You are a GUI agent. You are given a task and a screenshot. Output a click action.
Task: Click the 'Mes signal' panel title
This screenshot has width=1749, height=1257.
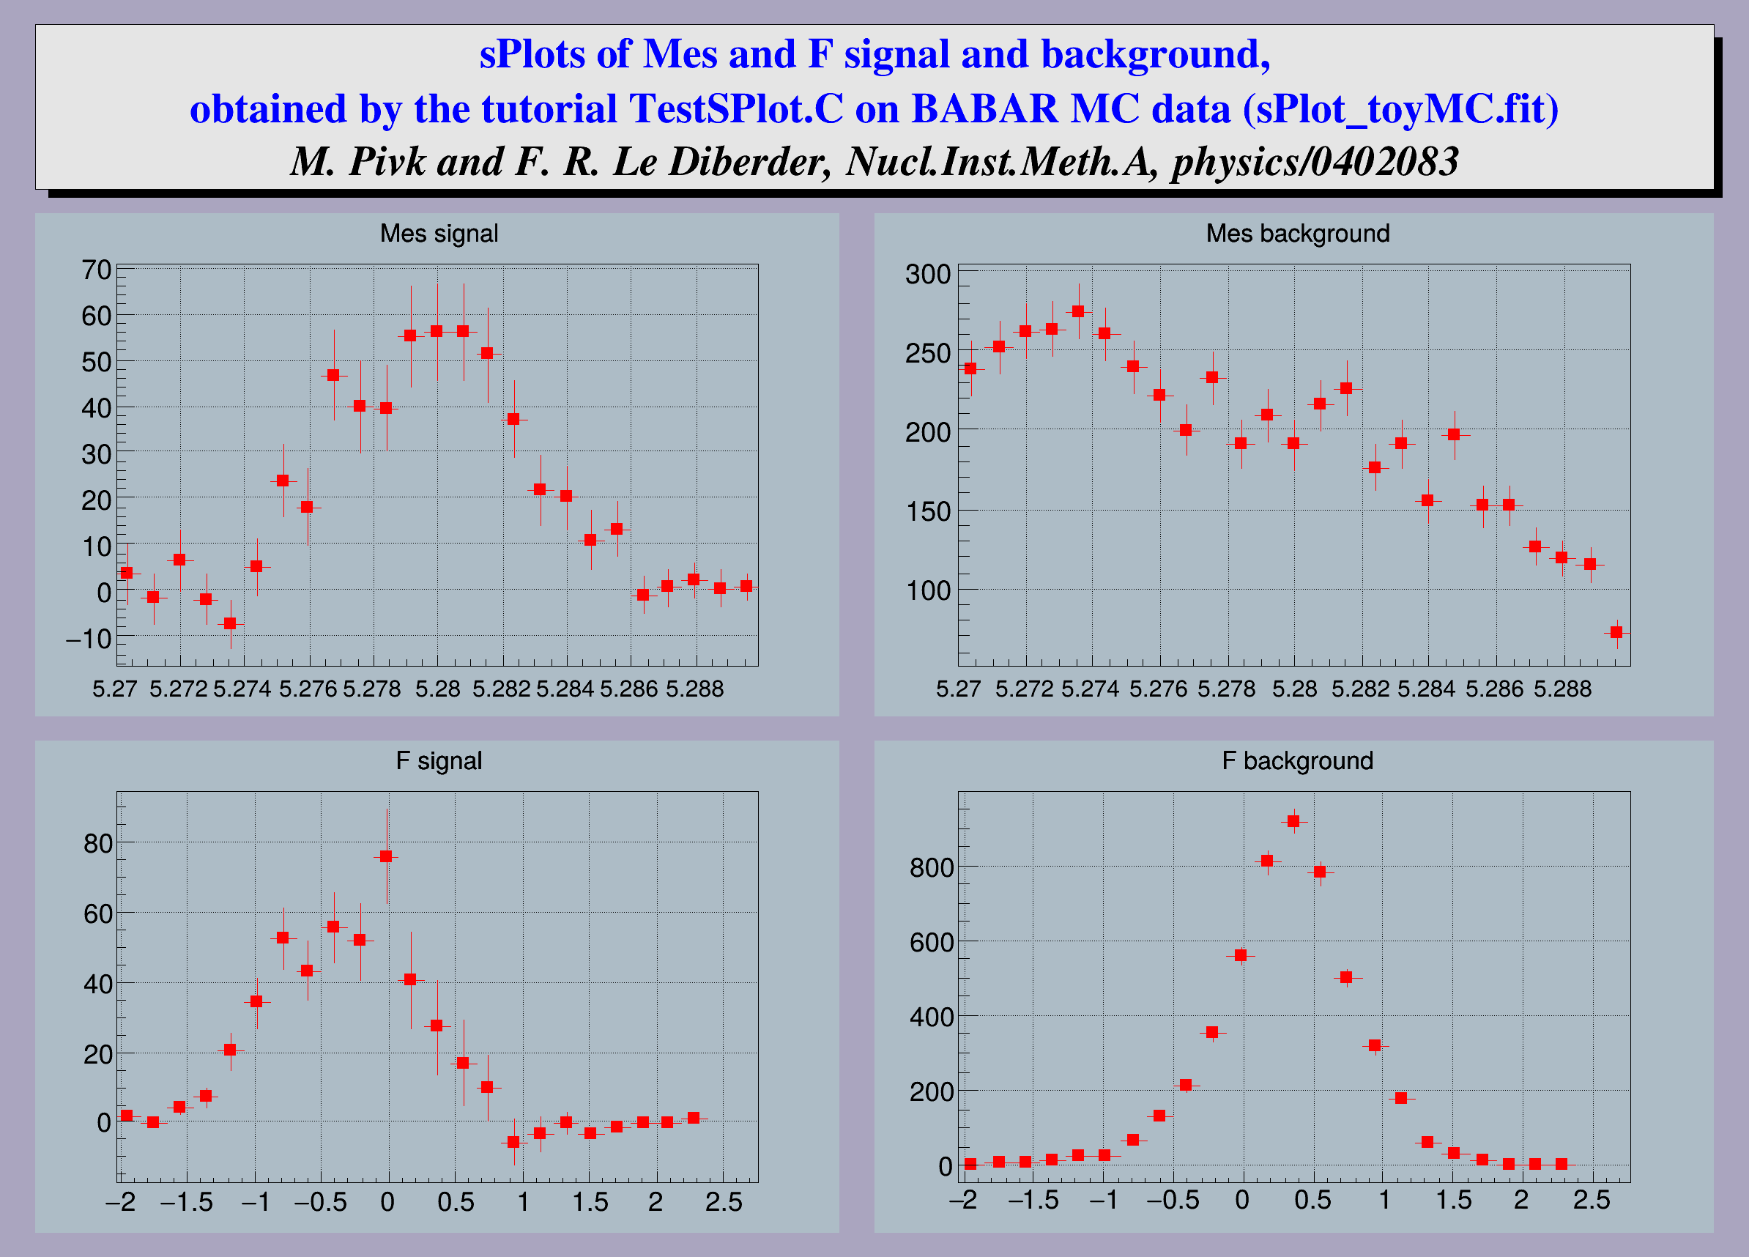pyautogui.click(x=439, y=233)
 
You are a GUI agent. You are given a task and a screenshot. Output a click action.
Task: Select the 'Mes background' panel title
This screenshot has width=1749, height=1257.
pyautogui.click(x=1298, y=233)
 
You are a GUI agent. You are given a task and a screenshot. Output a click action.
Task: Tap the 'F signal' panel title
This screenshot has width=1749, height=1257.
pyautogui.click(x=439, y=760)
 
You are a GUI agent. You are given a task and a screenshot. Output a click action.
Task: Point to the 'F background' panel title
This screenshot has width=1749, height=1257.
pyautogui.click(x=1298, y=760)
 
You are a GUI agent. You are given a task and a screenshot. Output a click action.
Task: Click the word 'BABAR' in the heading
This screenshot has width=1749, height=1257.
pyautogui.click(x=985, y=108)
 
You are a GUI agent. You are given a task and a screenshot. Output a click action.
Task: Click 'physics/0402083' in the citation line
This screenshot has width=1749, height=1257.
pyautogui.click(x=1315, y=161)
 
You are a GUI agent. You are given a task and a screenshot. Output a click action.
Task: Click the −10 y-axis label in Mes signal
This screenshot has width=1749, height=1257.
pyautogui.click(x=89, y=639)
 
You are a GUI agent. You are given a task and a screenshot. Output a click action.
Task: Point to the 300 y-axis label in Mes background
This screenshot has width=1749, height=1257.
pyautogui.click(x=928, y=274)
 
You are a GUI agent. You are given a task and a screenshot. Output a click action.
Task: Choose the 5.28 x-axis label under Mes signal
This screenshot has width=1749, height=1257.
pyautogui.click(x=437, y=689)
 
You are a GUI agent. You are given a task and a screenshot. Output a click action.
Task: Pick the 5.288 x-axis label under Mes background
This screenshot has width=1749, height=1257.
pyautogui.click(x=1562, y=689)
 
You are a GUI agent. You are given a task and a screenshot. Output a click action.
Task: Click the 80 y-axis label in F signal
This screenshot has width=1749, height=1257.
pyautogui.click(x=98, y=844)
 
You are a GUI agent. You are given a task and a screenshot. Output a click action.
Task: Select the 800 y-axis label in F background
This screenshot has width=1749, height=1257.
pyautogui.click(x=932, y=867)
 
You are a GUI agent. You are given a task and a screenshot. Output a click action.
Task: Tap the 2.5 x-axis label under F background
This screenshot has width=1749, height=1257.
pyautogui.click(x=1592, y=1201)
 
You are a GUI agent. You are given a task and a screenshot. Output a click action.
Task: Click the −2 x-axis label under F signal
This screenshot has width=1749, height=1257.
pyautogui.click(x=121, y=1201)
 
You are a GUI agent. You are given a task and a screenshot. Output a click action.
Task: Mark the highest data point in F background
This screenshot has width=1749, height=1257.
pyautogui.click(x=1294, y=821)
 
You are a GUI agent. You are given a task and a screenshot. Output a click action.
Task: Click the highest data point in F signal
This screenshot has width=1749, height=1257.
pyautogui.click(x=387, y=856)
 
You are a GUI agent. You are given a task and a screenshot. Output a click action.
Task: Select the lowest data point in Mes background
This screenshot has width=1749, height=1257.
pyautogui.click(x=1616, y=632)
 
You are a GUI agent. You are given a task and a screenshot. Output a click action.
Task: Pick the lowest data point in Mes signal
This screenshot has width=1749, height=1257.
pyautogui.click(x=230, y=623)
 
